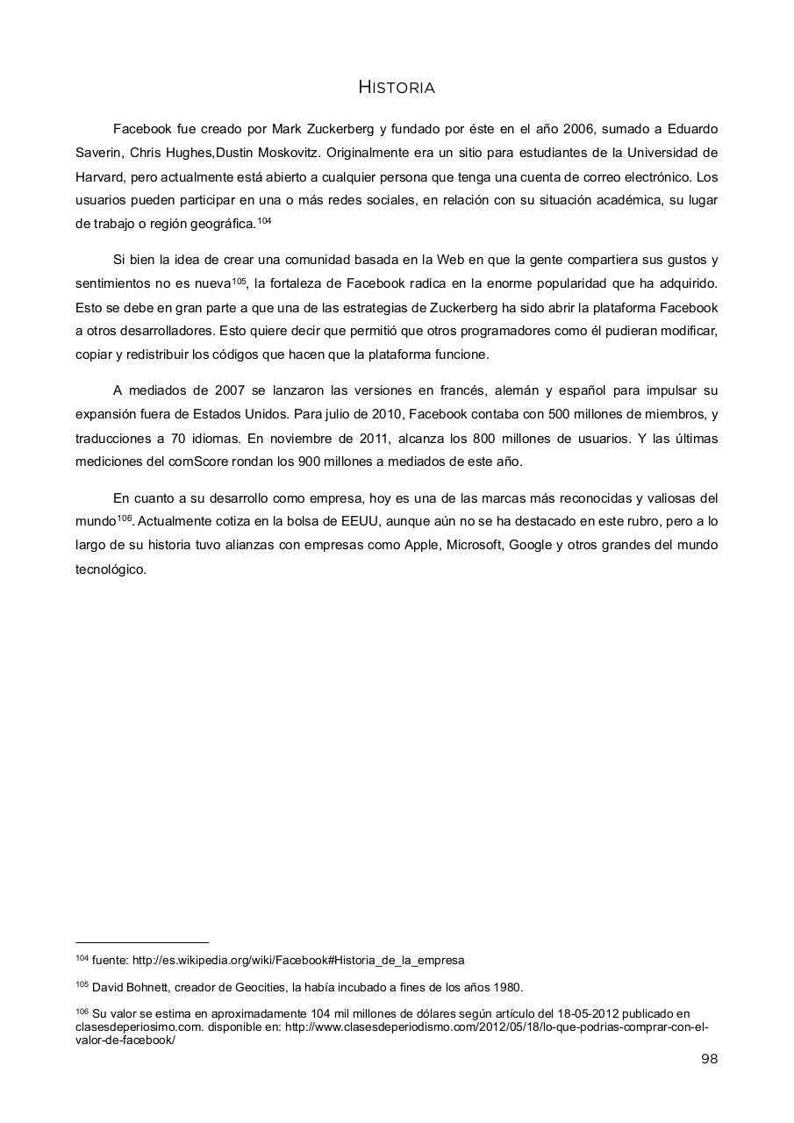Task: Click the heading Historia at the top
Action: (397, 88)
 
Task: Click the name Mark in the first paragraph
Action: (286, 130)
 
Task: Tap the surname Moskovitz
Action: (290, 153)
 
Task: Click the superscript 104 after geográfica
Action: (264, 221)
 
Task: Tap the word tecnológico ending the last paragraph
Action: (111, 569)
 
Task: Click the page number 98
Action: (709, 1059)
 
